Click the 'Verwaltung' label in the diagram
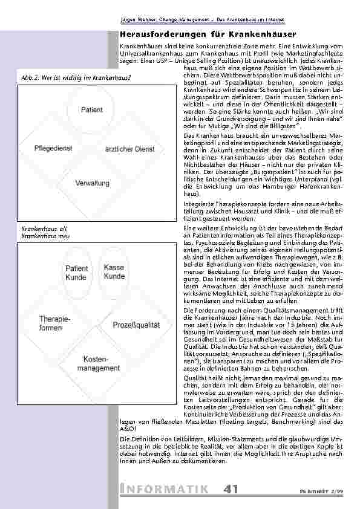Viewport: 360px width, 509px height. [93, 183]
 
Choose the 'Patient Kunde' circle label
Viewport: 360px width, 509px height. [76, 273]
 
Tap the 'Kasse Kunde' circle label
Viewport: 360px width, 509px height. [114, 272]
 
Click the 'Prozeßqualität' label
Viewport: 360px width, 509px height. [136, 325]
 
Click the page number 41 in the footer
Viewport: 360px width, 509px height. [231, 489]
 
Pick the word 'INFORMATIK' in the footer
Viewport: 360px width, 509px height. [165, 489]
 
